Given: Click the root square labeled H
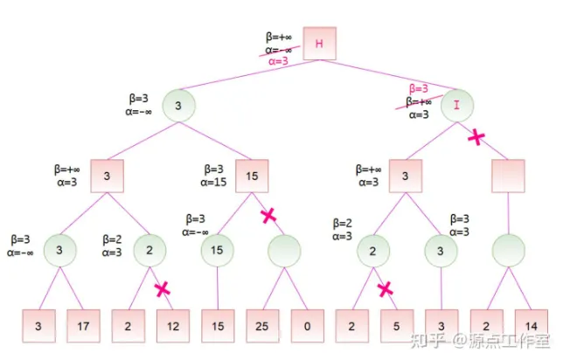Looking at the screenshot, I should tap(320, 44).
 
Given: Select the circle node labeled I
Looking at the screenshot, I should tap(457, 107).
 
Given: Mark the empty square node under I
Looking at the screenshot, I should tap(508, 176).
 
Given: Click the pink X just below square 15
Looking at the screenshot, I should tap(268, 215).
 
